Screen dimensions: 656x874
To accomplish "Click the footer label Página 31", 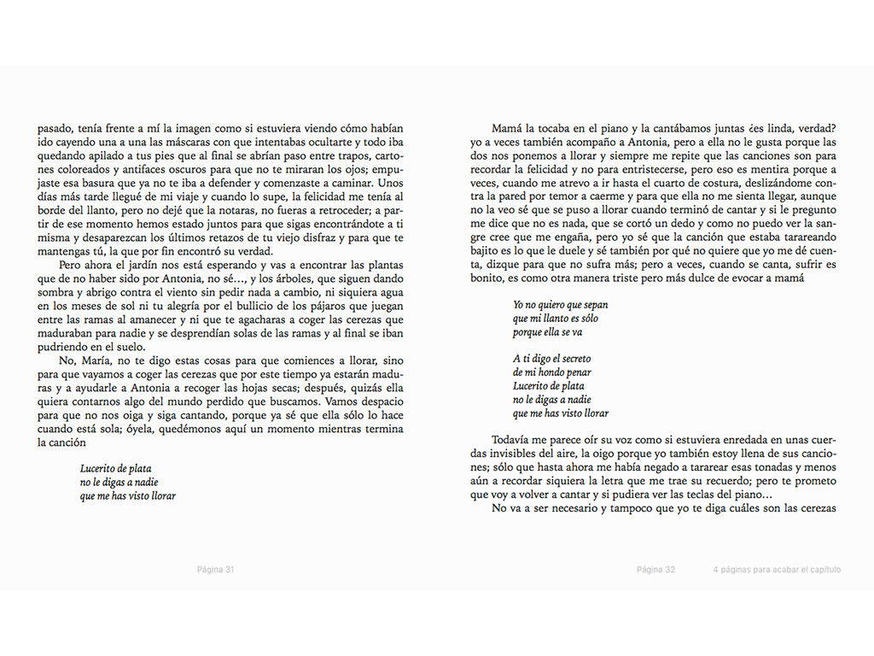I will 215,570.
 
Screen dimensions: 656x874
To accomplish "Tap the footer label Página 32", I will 655,570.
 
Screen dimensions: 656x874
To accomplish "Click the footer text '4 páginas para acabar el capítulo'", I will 777,570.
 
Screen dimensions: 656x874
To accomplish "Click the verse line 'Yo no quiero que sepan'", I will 561,305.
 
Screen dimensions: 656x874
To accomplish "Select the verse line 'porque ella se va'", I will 548,332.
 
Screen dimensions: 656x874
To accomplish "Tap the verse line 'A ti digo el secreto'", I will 552,359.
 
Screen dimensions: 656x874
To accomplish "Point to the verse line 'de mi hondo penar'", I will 552,372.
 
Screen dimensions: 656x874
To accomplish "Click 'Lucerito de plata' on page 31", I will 116,469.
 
